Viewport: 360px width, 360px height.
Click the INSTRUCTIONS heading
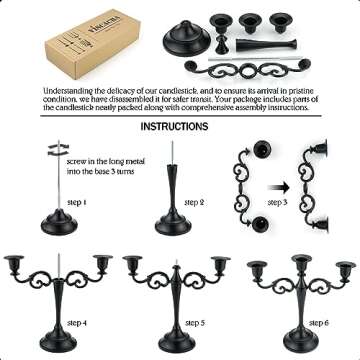(174, 127)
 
